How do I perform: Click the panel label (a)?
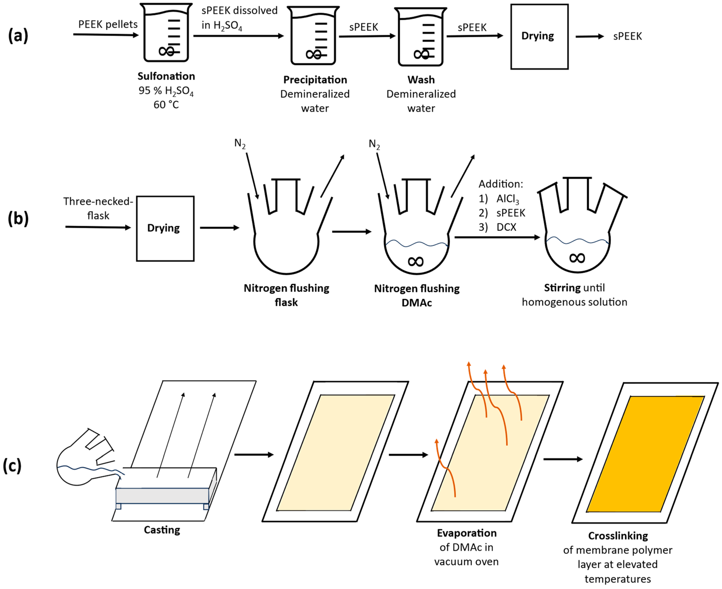pyautogui.click(x=18, y=36)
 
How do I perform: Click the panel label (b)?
pyautogui.click(x=18, y=219)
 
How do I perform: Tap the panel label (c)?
pyautogui.click(x=12, y=466)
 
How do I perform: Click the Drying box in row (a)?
pyautogui.click(x=539, y=37)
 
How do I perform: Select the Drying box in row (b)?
pyautogui.click(x=165, y=228)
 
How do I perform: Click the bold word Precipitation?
pyautogui.click(x=315, y=80)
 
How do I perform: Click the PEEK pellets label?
pyautogui.click(x=108, y=24)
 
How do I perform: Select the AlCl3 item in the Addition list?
pyautogui.click(x=507, y=199)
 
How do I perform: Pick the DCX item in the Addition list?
pyautogui.click(x=506, y=227)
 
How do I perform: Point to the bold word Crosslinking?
pyautogui.click(x=618, y=536)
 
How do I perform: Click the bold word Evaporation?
pyautogui.click(x=467, y=533)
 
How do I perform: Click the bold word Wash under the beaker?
pyautogui.click(x=421, y=80)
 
